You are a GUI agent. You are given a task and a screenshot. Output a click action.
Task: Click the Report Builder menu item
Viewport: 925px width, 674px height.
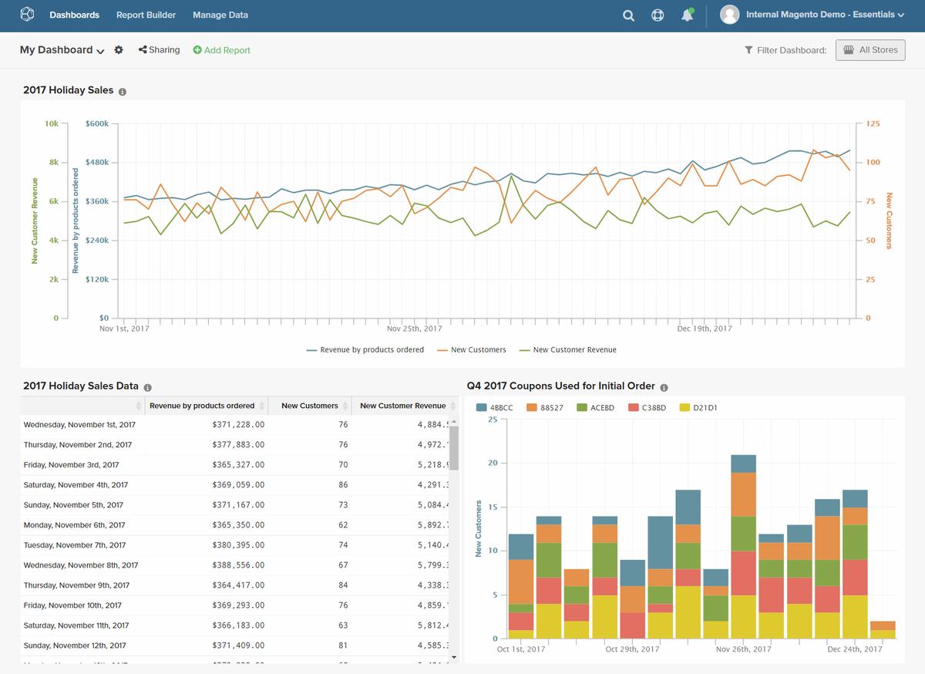146,15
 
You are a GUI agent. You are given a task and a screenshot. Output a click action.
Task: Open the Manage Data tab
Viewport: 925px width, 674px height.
220,15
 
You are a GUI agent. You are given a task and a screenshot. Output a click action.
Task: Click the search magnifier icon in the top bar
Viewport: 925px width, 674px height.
628,15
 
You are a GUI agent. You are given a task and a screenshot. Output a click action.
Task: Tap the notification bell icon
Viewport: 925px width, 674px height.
687,15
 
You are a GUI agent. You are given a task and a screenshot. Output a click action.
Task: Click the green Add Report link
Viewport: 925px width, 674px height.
222,50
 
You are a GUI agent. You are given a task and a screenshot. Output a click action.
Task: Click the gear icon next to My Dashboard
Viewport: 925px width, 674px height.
119,50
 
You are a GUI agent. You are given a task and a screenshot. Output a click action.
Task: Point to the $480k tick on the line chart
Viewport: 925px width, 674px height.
97,163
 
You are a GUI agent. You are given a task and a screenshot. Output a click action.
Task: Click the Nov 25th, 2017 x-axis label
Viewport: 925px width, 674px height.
414,329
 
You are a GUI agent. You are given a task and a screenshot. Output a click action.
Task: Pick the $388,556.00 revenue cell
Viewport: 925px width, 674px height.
238,565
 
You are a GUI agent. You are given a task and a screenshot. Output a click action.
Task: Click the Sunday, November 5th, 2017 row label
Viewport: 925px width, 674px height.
73,505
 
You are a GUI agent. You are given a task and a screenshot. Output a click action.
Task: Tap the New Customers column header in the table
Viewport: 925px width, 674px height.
309,406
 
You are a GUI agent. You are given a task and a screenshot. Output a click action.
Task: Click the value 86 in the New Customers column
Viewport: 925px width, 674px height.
343,485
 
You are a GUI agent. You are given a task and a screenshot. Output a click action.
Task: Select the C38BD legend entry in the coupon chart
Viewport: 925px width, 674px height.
647,408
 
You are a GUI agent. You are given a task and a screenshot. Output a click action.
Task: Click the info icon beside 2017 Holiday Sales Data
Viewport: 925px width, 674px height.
148,388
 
